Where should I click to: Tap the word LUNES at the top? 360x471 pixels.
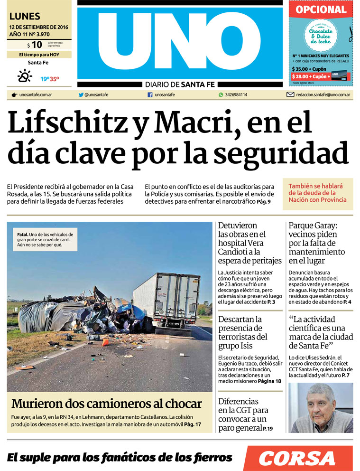click(25, 17)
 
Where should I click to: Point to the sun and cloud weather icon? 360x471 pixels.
click(24, 76)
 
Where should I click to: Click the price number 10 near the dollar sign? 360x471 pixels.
click(37, 45)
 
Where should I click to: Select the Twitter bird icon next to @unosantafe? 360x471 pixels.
click(81, 94)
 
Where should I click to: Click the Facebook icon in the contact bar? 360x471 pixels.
click(150, 94)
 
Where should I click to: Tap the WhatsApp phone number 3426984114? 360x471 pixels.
click(236, 94)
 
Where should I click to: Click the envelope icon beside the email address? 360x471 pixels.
click(290, 94)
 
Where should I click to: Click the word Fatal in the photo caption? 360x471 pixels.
click(22, 235)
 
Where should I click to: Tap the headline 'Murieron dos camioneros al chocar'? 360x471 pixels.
click(107, 404)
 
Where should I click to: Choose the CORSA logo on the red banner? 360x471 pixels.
click(297, 458)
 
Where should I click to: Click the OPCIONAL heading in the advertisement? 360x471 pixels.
click(321, 10)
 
